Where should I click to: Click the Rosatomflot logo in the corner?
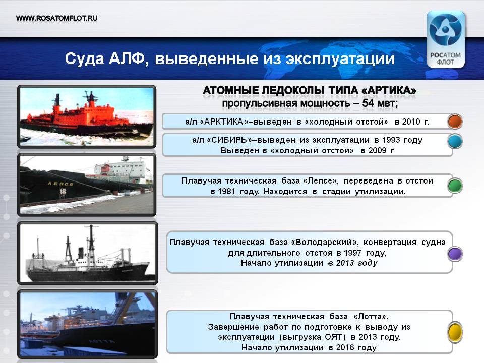(x=445, y=39)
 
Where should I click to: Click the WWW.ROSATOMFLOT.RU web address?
(x=57, y=18)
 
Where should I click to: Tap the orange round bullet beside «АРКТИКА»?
(x=455, y=122)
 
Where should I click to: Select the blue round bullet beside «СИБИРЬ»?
(x=455, y=141)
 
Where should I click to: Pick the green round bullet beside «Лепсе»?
(x=455, y=186)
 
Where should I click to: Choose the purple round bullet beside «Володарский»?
(x=455, y=254)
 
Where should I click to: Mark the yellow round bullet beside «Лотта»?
(x=455, y=332)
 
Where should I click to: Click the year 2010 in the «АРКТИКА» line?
(x=411, y=122)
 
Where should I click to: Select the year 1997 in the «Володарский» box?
(x=352, y=253)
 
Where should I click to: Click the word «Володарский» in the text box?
(x=324, y=243)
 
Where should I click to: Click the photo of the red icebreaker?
(x=87, y=116)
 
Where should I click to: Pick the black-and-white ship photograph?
(x=88, y=253)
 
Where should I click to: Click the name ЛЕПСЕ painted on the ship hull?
(x=60, y=184)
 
